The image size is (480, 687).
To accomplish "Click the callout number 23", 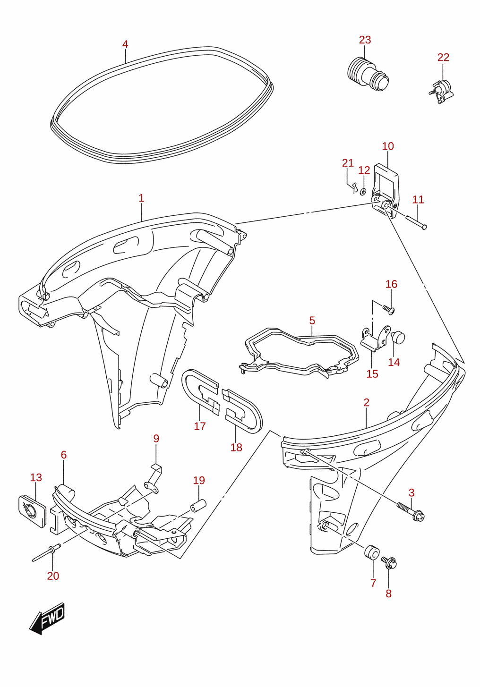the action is pyautogui.click(x=365, y=40).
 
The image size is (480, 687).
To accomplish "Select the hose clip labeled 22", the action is pyautogui.click(x=441, y=92).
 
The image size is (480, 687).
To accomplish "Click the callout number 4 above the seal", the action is pyautogui.click(x=125, y=44).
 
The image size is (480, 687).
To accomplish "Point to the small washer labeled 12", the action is pyautogui.click(x=363, y=191).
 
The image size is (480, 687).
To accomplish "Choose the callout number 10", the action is pyautogui.click(x=388, y=146).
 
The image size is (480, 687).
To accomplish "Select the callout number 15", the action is pyautogui.click(x=372, y=374).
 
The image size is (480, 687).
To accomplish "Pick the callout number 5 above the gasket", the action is pyautogui.click(x=312, y=321).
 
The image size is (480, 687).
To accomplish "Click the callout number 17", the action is pyautogui.click(x=200, y=426).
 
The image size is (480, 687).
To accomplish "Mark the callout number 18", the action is pyautogui.click(x=236, y=448).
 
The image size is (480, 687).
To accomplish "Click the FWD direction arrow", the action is pyautogui.click(x=47, y=619).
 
